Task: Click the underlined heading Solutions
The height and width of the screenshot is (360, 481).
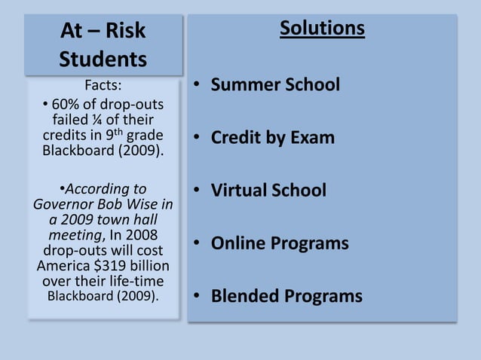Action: click(x=322, y=29)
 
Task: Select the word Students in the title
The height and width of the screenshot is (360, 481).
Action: click(x=103, y=59)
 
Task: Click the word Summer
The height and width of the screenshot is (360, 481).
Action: click(x=246, y=84)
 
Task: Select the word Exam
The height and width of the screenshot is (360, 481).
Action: click(x=312, y=138)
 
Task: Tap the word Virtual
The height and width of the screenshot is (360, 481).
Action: click(x=241, y=191)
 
